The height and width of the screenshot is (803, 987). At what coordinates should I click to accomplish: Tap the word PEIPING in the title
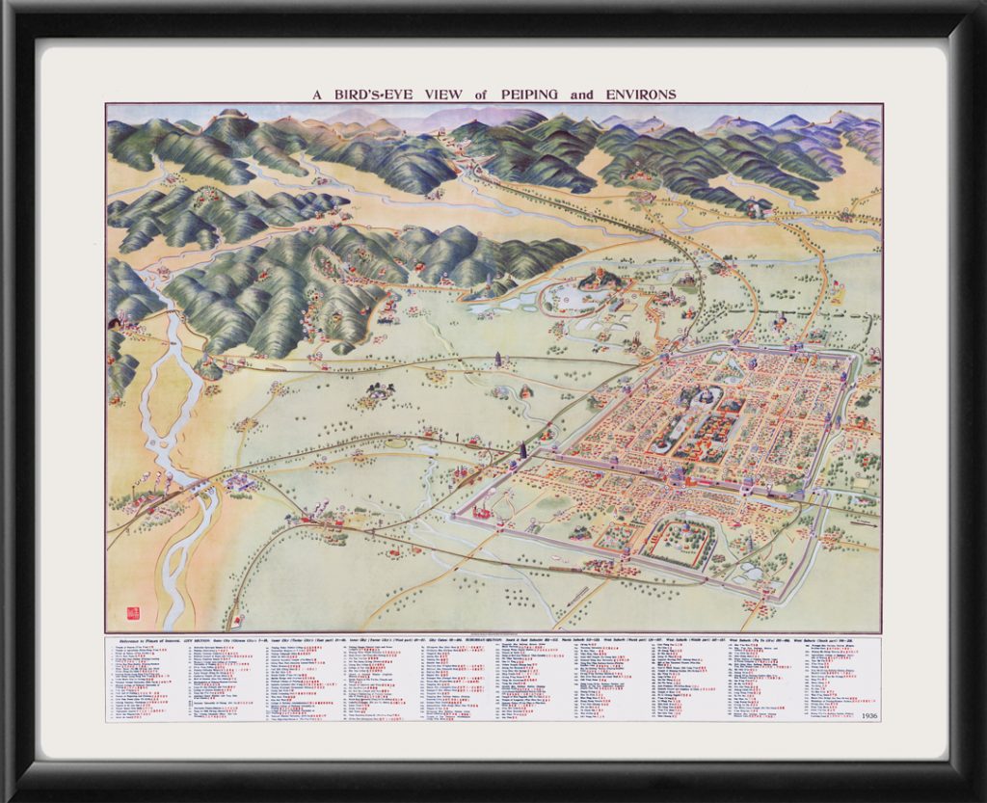[x=533, y=94]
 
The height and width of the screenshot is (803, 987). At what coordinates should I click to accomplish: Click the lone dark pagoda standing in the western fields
[x=497, y=361]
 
